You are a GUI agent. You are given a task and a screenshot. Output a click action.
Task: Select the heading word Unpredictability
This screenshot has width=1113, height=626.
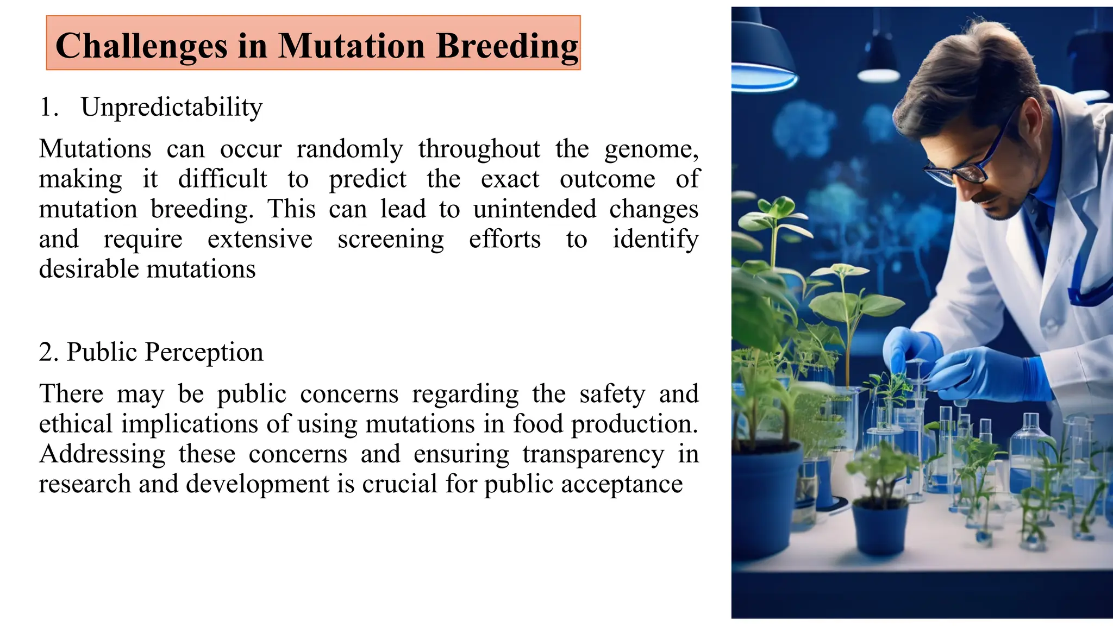(171, 108)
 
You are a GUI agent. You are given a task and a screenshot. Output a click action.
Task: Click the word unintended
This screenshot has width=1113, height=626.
(534, 210)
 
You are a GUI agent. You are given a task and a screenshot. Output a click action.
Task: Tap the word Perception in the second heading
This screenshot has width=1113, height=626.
(203, 353)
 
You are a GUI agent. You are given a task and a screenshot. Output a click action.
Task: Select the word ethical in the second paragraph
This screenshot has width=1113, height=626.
(75, 424)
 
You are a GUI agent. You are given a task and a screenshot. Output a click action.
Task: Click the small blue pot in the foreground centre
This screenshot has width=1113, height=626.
(880, 527)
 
